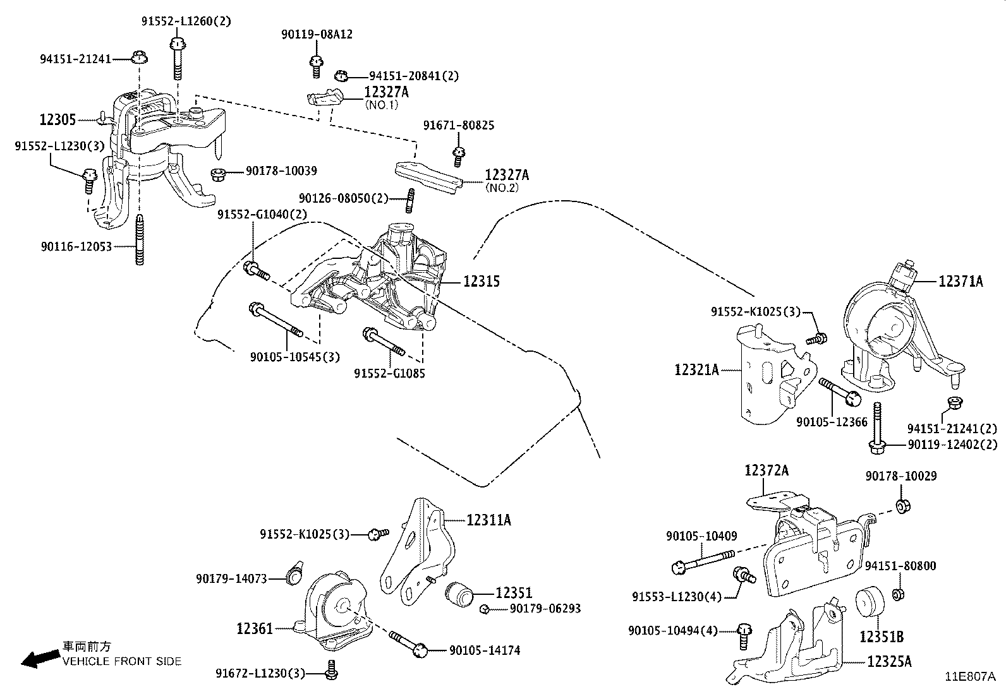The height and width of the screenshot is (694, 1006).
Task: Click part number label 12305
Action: pyautogui.click(x=58, y=119)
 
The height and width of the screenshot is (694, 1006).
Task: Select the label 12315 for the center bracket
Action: pyautogui.click(x=481, y=281)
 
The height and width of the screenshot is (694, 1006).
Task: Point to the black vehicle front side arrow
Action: pyautogui.click(x=37, y=659)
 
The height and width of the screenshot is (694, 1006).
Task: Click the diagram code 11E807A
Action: pyautogui.click(x=970, y=676)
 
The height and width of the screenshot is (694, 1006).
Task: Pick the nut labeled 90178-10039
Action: pyautogui.click(x=218, y=172)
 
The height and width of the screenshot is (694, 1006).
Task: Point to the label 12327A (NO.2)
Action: pyautogui.click(x=507, y=176)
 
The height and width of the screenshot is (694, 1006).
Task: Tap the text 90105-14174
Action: pyautogui.click(x=484, y=650)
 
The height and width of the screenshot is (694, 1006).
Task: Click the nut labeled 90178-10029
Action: pyautogui.click(x=903, y=505)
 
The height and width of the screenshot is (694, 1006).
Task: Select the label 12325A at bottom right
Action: pyautogui.click(x=889, y=661)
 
